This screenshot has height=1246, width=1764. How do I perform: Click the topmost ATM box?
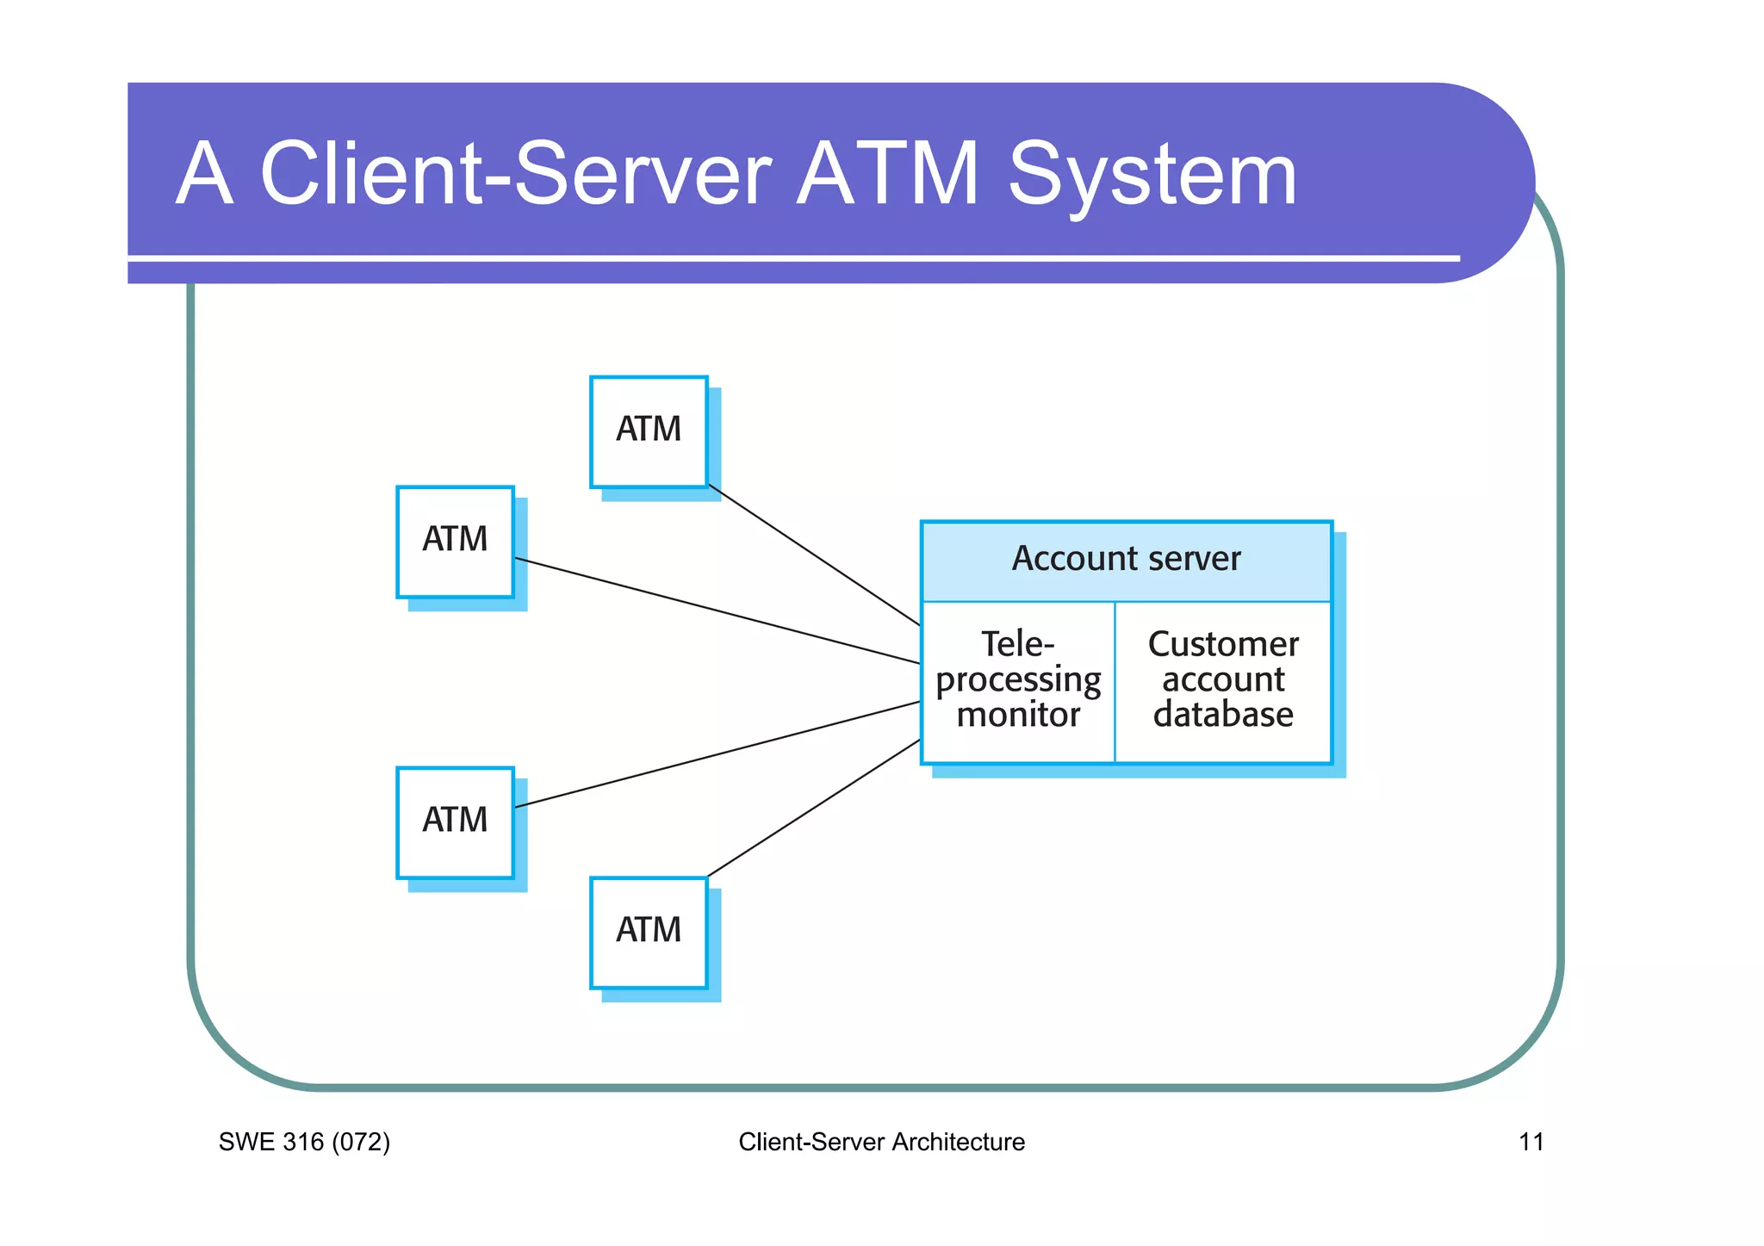(649, 431)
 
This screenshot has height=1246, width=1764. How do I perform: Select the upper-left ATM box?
(455, 542)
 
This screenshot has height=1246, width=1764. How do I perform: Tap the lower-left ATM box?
(455, 822)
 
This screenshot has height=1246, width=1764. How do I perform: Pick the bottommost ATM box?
(649, 933)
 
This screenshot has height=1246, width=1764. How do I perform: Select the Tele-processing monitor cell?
(1018, 681)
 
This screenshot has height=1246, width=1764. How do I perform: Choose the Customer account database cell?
(1223, 681)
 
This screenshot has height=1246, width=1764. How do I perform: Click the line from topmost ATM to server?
(814, 555)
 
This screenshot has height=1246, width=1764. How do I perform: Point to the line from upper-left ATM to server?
(717, 611)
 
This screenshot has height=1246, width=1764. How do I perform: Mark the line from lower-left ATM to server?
(717, 754)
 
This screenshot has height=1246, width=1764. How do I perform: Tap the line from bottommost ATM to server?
(814, 808)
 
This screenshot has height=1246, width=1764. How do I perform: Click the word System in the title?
(1152, 177)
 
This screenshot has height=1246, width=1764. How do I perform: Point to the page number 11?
(1531, 1143)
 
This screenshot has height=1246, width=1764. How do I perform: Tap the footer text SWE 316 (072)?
(304, 1143)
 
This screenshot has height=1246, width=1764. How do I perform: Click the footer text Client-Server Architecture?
(881, 1143)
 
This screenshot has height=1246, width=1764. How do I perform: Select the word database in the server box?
(1223, 716)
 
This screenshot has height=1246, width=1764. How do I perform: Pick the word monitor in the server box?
(1018, 716)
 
